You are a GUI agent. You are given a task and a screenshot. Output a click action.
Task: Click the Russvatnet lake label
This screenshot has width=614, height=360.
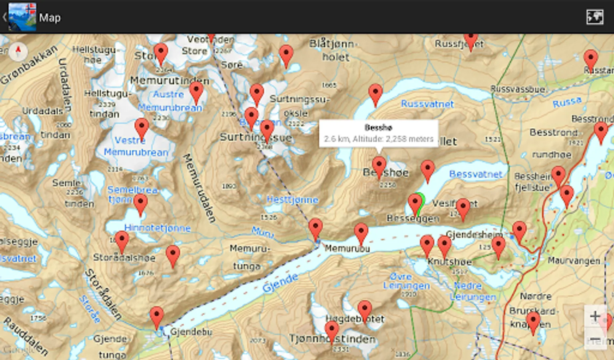click(x=427, y=104)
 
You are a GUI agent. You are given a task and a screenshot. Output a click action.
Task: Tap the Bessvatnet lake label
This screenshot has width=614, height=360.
click(x=475, y=174)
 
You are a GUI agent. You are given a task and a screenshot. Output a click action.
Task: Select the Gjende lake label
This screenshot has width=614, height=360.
click(x=280, y=283)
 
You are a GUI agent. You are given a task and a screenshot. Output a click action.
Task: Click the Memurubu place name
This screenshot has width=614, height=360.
click(x=347, y=248)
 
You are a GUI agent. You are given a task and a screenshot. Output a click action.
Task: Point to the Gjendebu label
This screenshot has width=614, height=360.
click(x=191, y=332)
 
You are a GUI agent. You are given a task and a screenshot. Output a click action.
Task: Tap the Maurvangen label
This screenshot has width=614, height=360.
click(x=574, y=261)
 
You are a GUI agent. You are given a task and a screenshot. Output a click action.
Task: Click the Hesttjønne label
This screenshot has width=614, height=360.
click(x=292, y=199)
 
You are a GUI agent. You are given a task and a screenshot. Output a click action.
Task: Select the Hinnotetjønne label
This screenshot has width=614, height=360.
click(x=157, y=228)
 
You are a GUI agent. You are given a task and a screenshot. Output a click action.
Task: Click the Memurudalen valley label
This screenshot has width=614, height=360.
click(x=199, y=188)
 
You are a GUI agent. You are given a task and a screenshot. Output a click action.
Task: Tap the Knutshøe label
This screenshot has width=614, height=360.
click(x=450, y=262)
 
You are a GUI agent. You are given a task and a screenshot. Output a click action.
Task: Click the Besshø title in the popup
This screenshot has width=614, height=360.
click(x=378, y=128)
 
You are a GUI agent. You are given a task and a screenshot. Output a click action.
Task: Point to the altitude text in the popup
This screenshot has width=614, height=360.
click(x=378, y=139)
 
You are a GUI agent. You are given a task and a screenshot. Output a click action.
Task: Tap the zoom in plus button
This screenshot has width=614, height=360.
click(x=595, y=316)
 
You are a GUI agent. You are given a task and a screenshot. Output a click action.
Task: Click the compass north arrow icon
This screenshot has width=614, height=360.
click(x=18, y=51)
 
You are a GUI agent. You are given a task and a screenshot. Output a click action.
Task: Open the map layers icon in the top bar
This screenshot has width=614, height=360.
click(x=594, y=17)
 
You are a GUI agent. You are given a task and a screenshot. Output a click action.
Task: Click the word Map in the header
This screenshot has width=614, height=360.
click(x=50, y=18)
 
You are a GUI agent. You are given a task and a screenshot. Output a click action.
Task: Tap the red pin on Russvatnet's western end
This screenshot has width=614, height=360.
click(x=375, y=95)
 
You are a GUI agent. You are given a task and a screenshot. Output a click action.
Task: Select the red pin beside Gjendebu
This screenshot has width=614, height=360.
click(x=157, y=317)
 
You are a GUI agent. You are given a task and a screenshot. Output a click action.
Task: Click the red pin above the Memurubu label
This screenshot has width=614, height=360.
click(x=361, y=234)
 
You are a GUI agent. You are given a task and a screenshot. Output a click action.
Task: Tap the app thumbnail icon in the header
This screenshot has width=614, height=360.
click(x=22, y=17)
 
